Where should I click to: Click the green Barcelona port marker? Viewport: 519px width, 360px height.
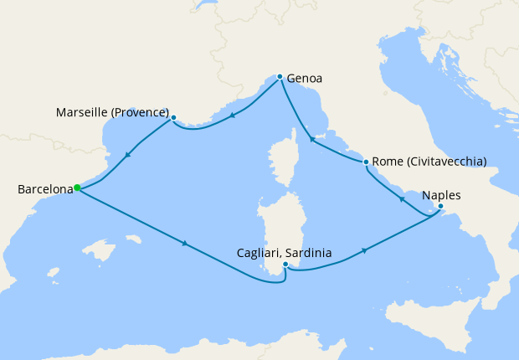click(x=76, y=188)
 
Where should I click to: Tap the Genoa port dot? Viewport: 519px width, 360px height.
click(x=280, y=76)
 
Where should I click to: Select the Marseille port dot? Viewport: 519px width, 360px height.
click(x=173, y=118)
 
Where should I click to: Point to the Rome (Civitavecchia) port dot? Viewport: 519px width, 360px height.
click(x=366, y=162)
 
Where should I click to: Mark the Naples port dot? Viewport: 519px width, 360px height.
click(x=440, y=206)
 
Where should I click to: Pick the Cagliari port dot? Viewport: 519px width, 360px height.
click(x=285, y=265)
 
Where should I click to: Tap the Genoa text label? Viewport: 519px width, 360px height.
click(x=305, y=80)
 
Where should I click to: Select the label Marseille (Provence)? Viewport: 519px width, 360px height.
click(x=113, y=112)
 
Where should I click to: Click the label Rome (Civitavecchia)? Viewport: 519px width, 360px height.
click(x=429, y=162)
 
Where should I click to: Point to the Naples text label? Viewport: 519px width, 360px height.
click(x=441, y=195)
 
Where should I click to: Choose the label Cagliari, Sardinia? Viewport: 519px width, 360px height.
click(x=285, y=253)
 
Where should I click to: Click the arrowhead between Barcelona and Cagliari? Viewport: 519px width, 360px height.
click(x=183, y=244)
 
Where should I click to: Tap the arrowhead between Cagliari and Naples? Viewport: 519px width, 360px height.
click(x=365, y=250)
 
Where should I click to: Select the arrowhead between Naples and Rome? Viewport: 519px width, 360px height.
click(x=403, y=199)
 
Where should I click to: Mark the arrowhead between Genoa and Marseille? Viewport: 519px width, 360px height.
click(x=231, y=115)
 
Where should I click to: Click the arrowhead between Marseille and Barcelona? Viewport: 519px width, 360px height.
click(x=127, y=154)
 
